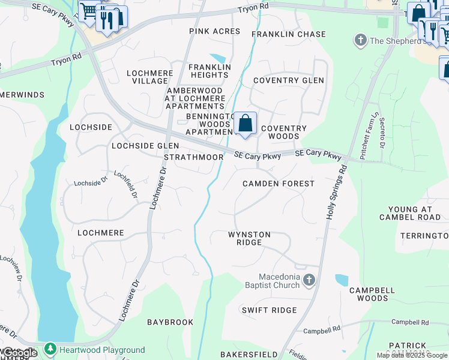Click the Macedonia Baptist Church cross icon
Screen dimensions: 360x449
pyautogui.click(x=309, y=280)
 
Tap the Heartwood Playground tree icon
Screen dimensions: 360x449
pyautogui.click(x=50, y=349)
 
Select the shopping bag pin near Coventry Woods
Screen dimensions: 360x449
pyautogui.click(x=245, y=124)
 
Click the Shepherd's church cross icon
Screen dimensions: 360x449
pyautogui.click(x=361, y=41)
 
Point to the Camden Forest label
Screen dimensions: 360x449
pyautogui.click(x=278, y=183)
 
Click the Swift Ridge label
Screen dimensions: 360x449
pyautogui.click(x=269, y=310)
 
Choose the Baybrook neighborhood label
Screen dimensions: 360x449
pyautogui.click(x=170, y=322)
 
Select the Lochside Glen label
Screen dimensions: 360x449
pyautogui.click(x=145, y=146)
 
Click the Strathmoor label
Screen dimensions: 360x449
pyautogui.click(x=194, y=157)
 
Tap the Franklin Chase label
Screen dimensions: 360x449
pyautogui.click(x=289, y=34)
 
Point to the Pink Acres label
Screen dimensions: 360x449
pyautogui.click(x=214, y=31)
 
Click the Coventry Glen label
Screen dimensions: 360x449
pyautogui.click(x=289, y=80)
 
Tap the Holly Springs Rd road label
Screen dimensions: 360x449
pyautogui.click(x=337, y=192)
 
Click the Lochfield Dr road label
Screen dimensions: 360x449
pyautogui.click(x=127, y=185)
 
